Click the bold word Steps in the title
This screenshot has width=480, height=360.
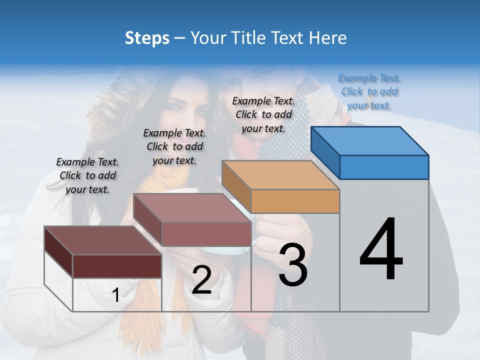tap(147, 38)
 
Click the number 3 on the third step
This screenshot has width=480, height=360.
tap(292, 264)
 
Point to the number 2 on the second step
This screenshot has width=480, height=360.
tap(201, 280)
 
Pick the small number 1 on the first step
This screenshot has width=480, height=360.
tap(115, 295)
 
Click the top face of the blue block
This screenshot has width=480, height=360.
tap(370, 140)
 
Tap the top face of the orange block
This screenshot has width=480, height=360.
tap(280, 174)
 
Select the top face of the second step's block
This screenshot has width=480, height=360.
tap(191, 207)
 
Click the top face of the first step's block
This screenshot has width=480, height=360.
tap(102, 240)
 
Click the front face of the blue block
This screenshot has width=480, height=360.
tap(384, 167)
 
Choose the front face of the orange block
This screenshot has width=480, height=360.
tap(295, 201)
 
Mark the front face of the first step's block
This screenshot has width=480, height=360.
tap(117, 266)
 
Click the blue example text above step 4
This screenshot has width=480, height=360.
tap(369, 91)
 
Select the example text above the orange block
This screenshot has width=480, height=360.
tap(263, 114)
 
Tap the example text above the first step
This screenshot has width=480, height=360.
tap(87, 175)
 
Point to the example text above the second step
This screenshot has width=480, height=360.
tap(174, 146)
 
